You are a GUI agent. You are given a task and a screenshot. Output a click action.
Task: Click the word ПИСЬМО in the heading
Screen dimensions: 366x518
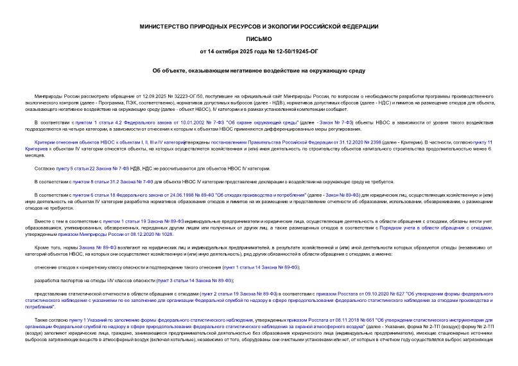pos(259,38)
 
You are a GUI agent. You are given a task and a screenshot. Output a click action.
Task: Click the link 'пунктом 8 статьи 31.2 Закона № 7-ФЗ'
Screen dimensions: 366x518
pos(102,182)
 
